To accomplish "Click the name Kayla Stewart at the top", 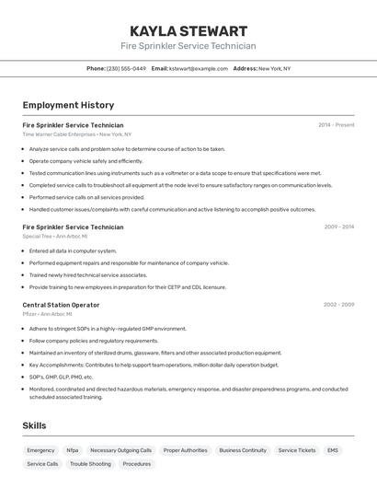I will pyautogui.click(x=188, y=30).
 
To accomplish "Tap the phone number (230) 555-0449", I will pyautogui.click(x=126, y=68).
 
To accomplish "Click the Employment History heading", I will pyautogui.click(x=68, y=105).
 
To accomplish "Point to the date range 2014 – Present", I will pyautogui.click(x=336, y=124).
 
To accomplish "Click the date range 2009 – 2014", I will pyautogui.click(x=338, y=227).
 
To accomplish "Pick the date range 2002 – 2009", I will pyautogui.click(x=338, y=305).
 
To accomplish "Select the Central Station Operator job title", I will pyautogui.click(x=61, y=305).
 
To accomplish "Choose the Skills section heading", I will pyautogui.click(x=34, y=425).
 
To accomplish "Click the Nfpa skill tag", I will pyautogui.click(x=73, y=450).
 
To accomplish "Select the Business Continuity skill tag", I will pyautogui.click(x=243, y=450).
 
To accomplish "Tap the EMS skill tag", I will pyautogui.click(x=333, y=450).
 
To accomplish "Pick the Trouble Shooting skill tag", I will pyautogui.click(x=90, y=464).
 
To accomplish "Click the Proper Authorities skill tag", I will pyautogui.click(x=185, y=450).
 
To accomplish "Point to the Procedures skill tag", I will pyautogui.click(x=137, y=464).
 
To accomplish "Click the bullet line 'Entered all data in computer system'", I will pyautogui.click(x=73, y=250).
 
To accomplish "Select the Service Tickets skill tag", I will pyautogui.click(x=297, y=450).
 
